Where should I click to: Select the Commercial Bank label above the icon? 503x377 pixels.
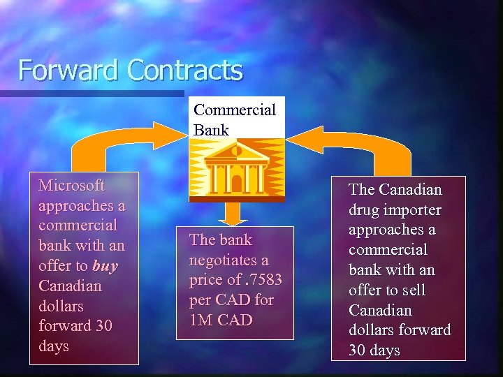pyautogui.click(x=235, y=119)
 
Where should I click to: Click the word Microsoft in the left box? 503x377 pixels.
pyautogui.click(x=71, y=186)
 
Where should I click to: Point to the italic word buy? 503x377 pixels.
pyautogui.click(x=105, y=266)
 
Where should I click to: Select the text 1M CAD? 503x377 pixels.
pyautogui.click(x=220, y=320)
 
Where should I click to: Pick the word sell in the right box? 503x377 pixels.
pyautogui.click(x=413, y=290)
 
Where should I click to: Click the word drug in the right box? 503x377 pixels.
pyautogui.click(x=363, y=209)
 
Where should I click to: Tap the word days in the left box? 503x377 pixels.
pyautogui.click(x=54, y=346)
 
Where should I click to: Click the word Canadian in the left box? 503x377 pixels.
pyautogui.click(x=70, y=286)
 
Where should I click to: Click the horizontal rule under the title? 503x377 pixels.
pyautogui.click(x=91, y=93)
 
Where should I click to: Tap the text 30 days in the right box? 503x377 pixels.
pyautogui.click(x=374, y=350)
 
